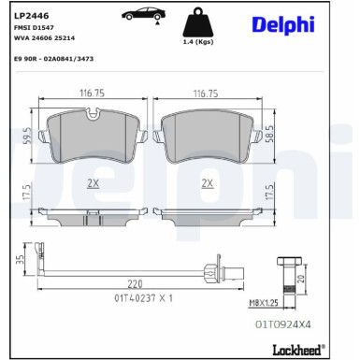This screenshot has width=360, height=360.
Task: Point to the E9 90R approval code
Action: pyautogui.click(x=55, y=59)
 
